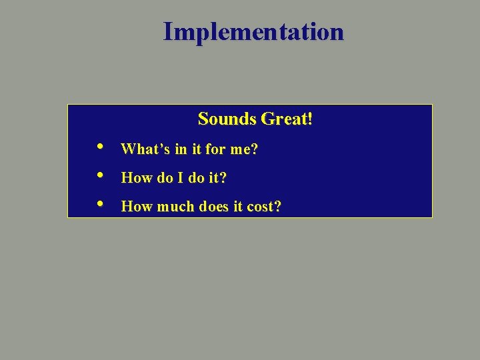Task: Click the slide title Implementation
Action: [x=253, y=31]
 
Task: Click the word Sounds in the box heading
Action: [x=227, y=119]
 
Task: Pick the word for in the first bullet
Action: [x=215, y=150]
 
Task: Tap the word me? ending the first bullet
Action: [x=244, y=150]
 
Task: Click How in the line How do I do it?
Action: [x=136, y=179]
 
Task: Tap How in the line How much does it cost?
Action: [x=136, y=207]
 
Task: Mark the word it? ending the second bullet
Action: [x=219, y=179]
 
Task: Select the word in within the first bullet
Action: [x=181, y=150]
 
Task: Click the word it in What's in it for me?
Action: [x=197, y=150]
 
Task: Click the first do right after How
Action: [x=164, y=179]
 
